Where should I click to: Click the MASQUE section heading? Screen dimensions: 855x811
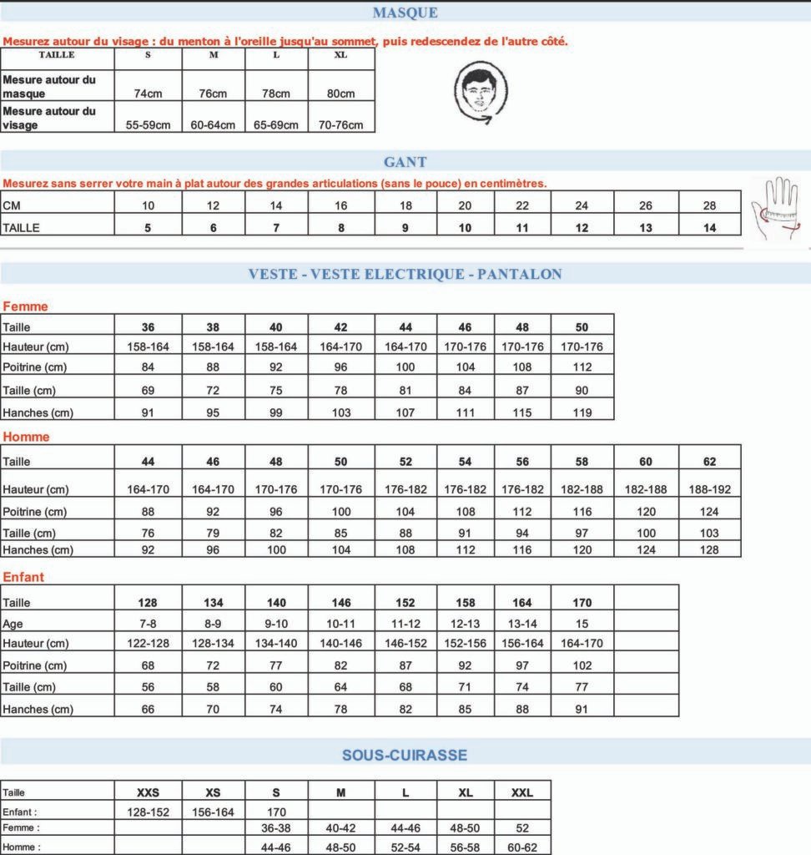click(x=405, y=13)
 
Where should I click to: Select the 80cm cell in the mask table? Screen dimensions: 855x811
click(x=340, y=94)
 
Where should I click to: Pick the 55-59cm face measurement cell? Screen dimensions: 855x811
click(x=148, y=125)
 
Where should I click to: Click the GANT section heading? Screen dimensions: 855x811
click(x=405, y=162)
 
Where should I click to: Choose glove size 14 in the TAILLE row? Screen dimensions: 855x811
click(x=709, y=227)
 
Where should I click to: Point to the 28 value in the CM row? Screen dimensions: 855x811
click(x=709, y=205)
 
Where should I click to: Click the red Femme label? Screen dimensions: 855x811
click(x=25, y=306)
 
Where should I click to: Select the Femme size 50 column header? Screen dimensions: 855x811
click(x=582, y=327)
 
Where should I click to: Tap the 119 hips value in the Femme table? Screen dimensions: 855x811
click(x=582, y=412)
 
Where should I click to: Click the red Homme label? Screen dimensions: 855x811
click(x=26, y=437)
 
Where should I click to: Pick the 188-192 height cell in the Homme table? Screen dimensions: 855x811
click(x=709, y=489)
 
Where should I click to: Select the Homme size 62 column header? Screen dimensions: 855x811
click(x=709, y=461)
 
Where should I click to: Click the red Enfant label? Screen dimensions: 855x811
click(x=23, y=577)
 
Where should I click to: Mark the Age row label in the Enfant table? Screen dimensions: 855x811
click(x=13, y=624)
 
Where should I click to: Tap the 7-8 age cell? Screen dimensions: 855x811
click(x=148, y=624)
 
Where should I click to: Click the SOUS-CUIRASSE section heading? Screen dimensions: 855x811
click(x=405, y=755)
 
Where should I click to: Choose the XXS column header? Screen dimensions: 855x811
click(x=148, y=792)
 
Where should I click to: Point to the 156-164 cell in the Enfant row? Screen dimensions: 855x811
click(x=213, y=812)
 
